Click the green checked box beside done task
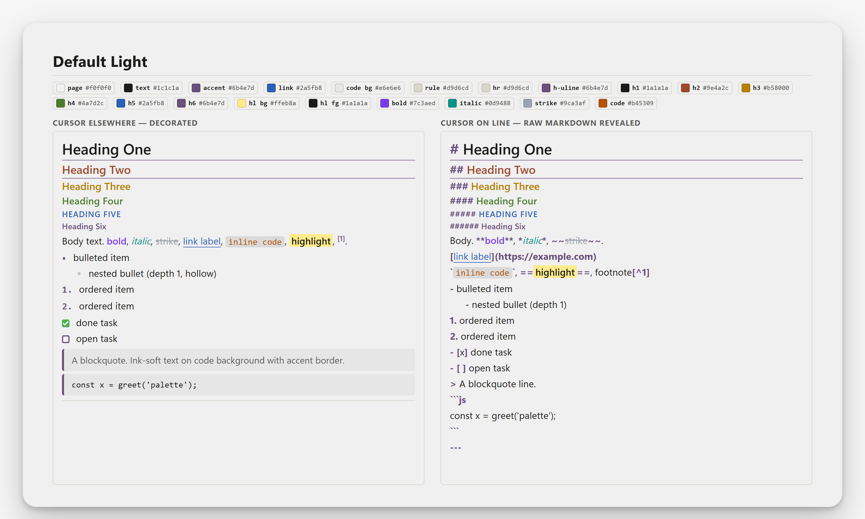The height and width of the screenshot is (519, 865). click(66, 323)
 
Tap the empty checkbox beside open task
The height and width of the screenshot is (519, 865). click(66, 339)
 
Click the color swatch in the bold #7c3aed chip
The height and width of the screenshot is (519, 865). click(384, 103)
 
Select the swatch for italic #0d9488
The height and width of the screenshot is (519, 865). click(452, 103)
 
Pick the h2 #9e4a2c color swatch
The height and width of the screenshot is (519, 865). click(685, 88)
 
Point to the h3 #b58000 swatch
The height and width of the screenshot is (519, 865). click(745, 88)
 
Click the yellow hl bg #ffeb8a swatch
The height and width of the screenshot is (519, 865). click(241, 103)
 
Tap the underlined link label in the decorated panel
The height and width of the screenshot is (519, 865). click(202, 241)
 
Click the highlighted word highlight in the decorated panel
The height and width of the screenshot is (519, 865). click(311, 241)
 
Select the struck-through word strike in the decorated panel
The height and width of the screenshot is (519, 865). click(167, 241)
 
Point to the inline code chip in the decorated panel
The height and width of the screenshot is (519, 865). click(255, 242)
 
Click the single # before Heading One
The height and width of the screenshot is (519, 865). click(454, 149)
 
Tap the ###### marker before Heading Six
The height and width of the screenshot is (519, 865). click(464, 227)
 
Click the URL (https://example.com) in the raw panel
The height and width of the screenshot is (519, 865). click(546, 257)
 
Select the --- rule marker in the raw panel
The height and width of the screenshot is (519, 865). click(456, 448)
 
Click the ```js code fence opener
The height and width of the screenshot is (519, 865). click(458, 400)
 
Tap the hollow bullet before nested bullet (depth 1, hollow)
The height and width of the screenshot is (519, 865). click(79, 274)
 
